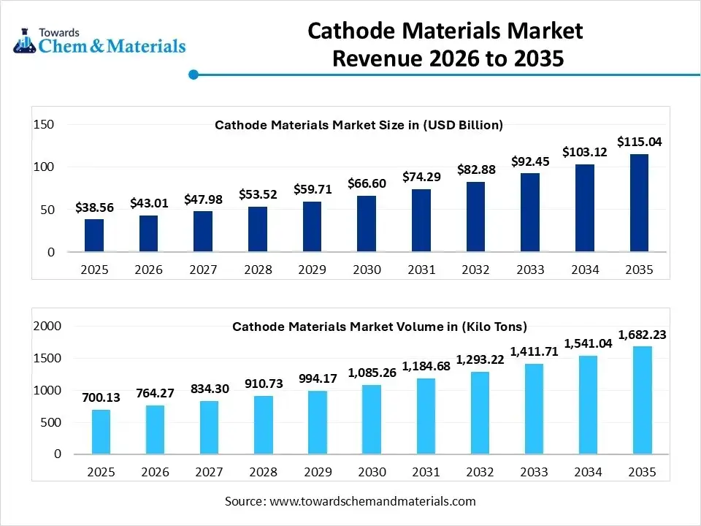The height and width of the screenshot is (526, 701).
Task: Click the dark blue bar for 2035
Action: (x=639, y=203)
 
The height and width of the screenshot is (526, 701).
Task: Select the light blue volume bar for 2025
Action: (x=101, y=432)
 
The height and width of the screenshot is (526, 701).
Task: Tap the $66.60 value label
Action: (x=366, y=183)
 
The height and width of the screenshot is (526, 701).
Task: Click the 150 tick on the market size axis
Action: (x=45, y=124)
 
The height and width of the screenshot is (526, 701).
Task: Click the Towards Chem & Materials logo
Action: (x=99, y=42)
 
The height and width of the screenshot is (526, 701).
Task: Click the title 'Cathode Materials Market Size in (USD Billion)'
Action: (x=359, y=125)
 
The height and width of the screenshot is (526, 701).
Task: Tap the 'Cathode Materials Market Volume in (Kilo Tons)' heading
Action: (x=379, y=327)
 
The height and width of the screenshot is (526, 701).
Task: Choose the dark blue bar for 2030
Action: (x=367, y=224)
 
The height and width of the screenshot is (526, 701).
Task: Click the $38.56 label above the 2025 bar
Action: (x=94, y=207)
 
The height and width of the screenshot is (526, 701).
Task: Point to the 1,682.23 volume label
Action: (x=642, y=335)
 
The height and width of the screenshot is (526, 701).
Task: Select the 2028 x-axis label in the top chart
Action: (x=257, y=270)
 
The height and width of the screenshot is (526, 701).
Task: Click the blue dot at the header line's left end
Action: (x=194, y=75)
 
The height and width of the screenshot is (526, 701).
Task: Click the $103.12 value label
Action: (x=585, y=152)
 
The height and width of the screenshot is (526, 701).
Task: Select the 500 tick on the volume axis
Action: (x=50, y=422)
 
